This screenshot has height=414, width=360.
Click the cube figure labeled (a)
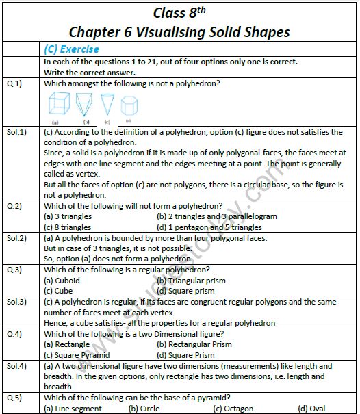[60, 105]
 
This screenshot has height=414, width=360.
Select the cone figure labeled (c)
[107, 104]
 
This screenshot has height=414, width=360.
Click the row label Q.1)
[14, 84]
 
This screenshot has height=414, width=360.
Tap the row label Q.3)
[14, 269]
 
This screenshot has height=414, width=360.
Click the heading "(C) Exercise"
[71, 49]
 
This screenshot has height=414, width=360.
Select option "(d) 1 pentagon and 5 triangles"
[209, 227]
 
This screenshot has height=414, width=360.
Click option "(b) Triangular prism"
[191, 280]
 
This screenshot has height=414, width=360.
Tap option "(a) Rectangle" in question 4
[66, 344]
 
